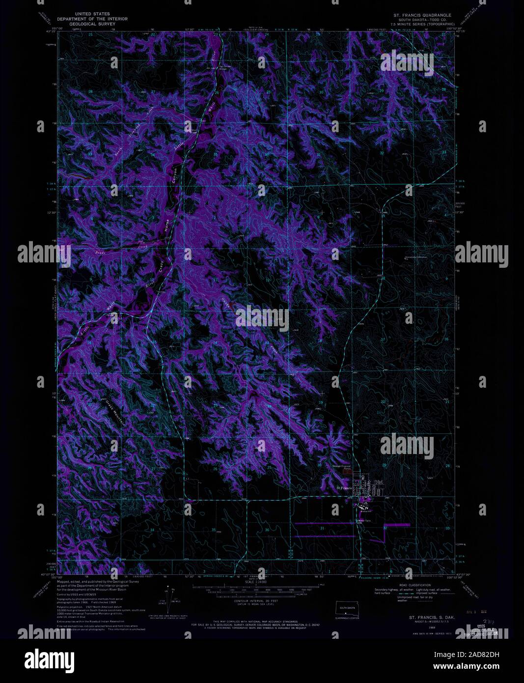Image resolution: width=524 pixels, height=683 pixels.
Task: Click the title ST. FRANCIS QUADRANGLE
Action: (419, 15)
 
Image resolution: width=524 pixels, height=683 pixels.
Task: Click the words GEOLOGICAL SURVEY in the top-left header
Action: (92, 23)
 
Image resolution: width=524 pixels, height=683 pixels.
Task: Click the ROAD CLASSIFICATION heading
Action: (415, 585)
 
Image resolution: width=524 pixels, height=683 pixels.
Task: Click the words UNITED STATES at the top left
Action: (92, 14)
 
